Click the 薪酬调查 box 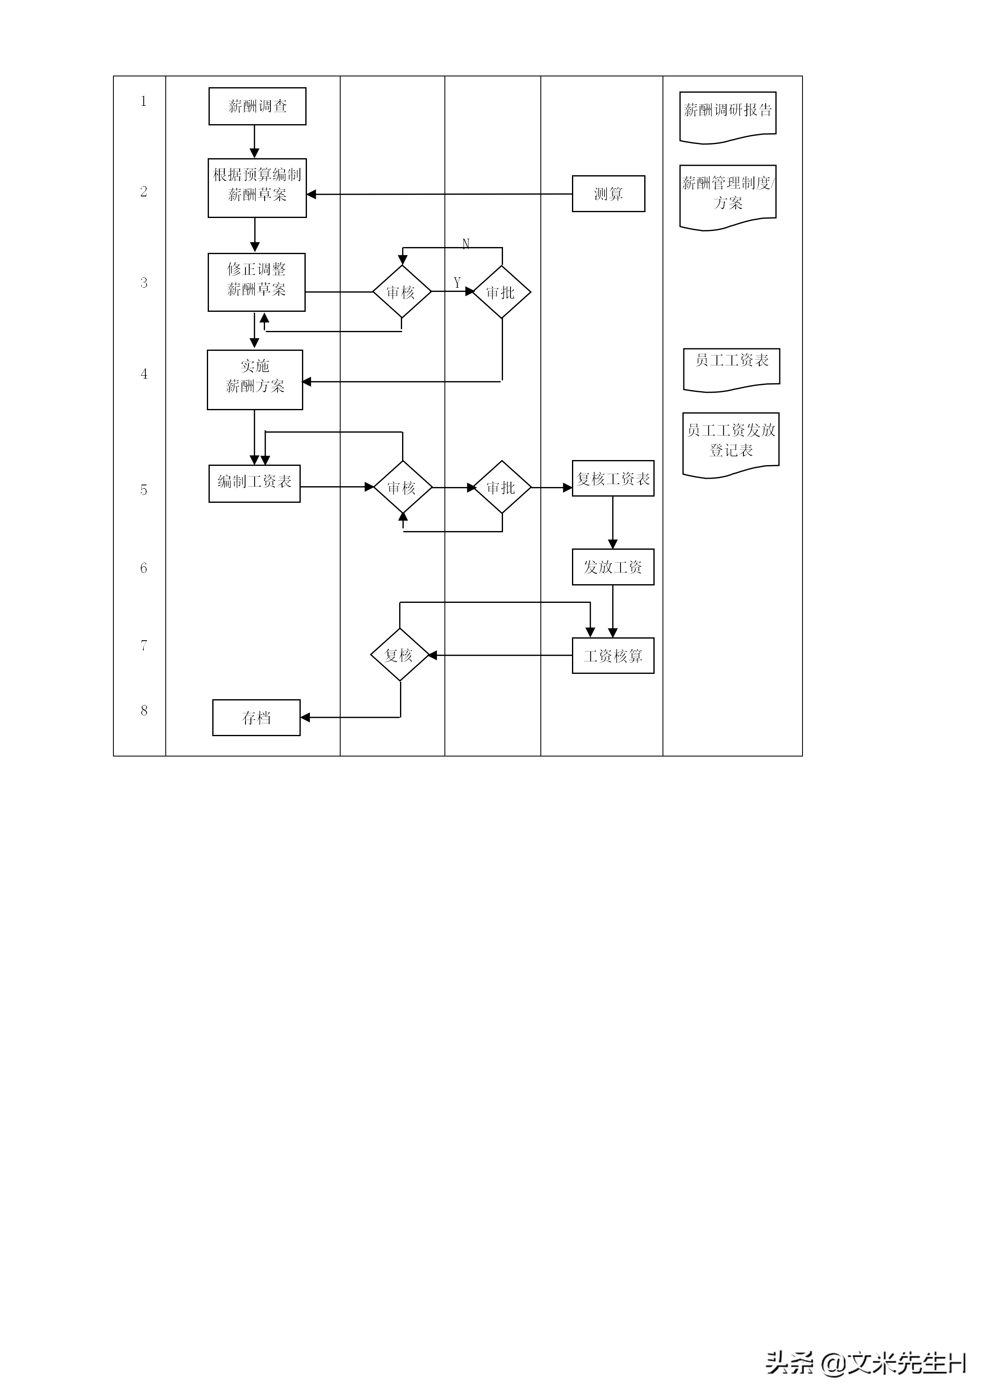tap(257, 107)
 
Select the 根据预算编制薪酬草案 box tap(257, 188)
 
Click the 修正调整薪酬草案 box tap(256, 282)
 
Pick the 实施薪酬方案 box tap(255, 379)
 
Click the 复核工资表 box tap(613, 479)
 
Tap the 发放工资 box tap(613, 567)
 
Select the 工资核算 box tap(613, 656)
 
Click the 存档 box tap(256, 718)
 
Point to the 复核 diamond tap(400, 655)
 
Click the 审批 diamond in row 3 tap(501, 292)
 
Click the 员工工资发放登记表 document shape tap(731, 443)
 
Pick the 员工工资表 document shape tap(731, 367)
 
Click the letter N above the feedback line tap(466, 244)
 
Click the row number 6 tap(144, 568)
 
